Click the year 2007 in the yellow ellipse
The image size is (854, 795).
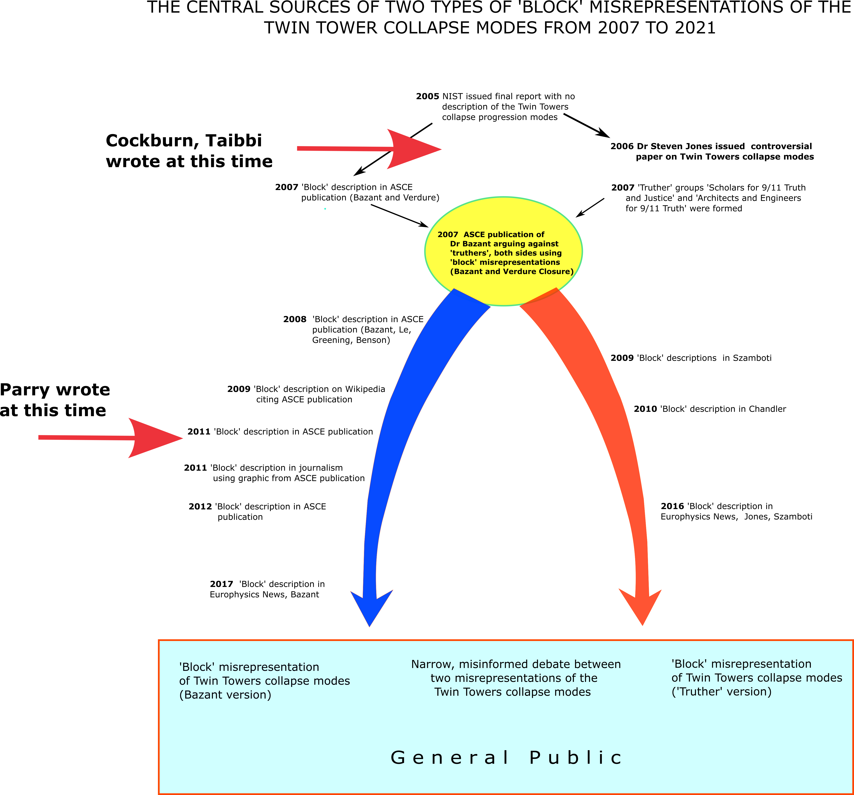(448, 234)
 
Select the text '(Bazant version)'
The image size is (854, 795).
(225, 695)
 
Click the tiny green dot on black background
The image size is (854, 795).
(325, 209)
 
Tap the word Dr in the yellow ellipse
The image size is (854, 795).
(454, 244)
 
